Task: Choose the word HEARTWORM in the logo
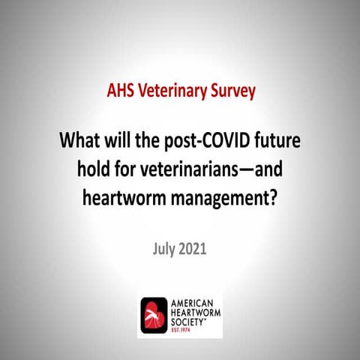click(201, 310)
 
